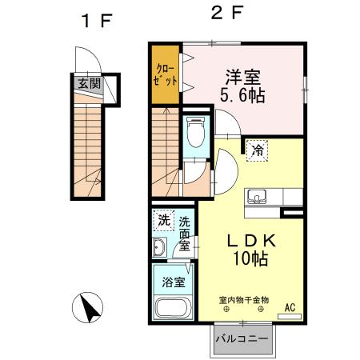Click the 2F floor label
(x=227, y=14)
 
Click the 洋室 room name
(x=243, y=77)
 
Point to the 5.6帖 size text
(x=243, y=95)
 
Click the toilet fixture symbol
(x=194, y=132)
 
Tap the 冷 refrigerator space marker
(x=258, y=149)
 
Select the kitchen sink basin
(x=258, y=196)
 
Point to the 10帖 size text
(x=243, y=258)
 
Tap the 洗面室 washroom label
(x=185, y=233)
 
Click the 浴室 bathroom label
(x=174, y=282)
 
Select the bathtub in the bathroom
(x=172, y=309)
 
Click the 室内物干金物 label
(x=243, y=299)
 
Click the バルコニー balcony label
(x=243, y=340)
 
